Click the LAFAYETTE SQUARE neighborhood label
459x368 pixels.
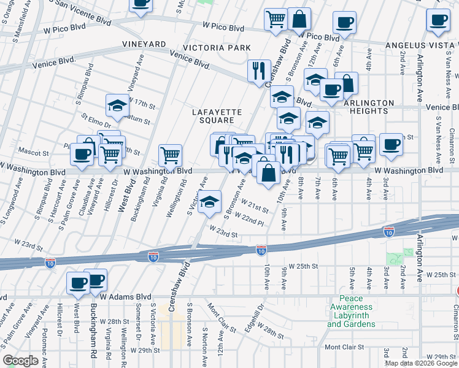tap(217, 116)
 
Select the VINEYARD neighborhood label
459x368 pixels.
tap(144, 45)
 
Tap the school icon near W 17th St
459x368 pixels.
tap(117, 105)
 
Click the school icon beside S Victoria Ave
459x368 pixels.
tap(210, 202)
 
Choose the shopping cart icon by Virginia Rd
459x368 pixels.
tap(171, 155)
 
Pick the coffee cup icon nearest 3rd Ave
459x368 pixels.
tap(391, 145)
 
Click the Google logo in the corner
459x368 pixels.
tap(20, 361)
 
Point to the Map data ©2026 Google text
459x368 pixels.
tap(421, 363)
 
